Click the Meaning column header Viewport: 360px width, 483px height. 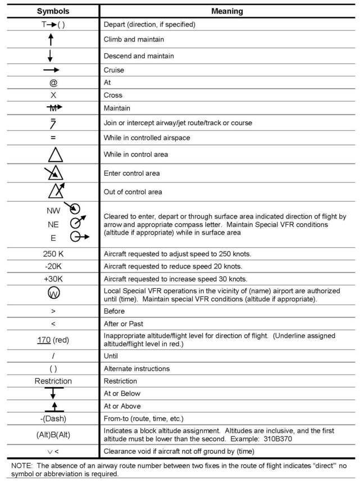(x=227, y=11)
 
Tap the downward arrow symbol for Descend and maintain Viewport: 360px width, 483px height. (x=50, y=55)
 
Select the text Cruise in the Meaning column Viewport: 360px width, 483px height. (x=114, y=70)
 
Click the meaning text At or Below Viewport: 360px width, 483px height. (x=122, y=393)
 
